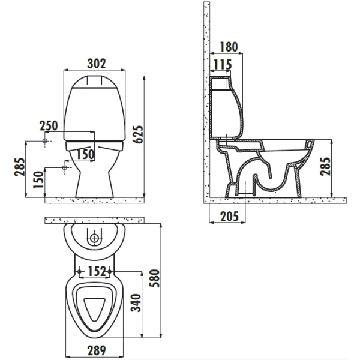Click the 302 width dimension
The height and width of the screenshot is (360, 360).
(97, 64)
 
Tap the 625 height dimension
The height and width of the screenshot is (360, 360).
(139, 134)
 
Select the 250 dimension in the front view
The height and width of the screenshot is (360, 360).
(49, 125)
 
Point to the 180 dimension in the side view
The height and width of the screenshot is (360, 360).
(229, 47)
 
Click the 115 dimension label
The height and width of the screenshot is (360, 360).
(223, 65)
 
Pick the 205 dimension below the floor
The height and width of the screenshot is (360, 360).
(230, 216)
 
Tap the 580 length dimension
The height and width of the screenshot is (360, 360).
(154, 278)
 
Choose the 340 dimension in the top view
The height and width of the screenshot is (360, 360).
(136, 303)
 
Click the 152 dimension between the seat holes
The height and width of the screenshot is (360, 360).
(97, 271)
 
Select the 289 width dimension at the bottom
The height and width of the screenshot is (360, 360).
(97, 350)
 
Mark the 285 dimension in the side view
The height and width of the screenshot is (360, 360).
(325, 166)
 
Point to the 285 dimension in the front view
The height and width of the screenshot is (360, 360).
(19, 167)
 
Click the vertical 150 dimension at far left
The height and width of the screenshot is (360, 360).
(38, 180)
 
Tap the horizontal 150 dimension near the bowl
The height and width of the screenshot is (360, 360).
(85, 154)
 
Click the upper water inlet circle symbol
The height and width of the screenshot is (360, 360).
(45, 141)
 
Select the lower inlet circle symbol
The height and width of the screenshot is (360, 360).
(65, 168)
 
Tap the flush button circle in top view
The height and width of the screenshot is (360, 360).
(94, 238)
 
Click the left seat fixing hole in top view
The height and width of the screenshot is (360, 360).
(79, 272)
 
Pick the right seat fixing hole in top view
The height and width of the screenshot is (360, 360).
(110, 272)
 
